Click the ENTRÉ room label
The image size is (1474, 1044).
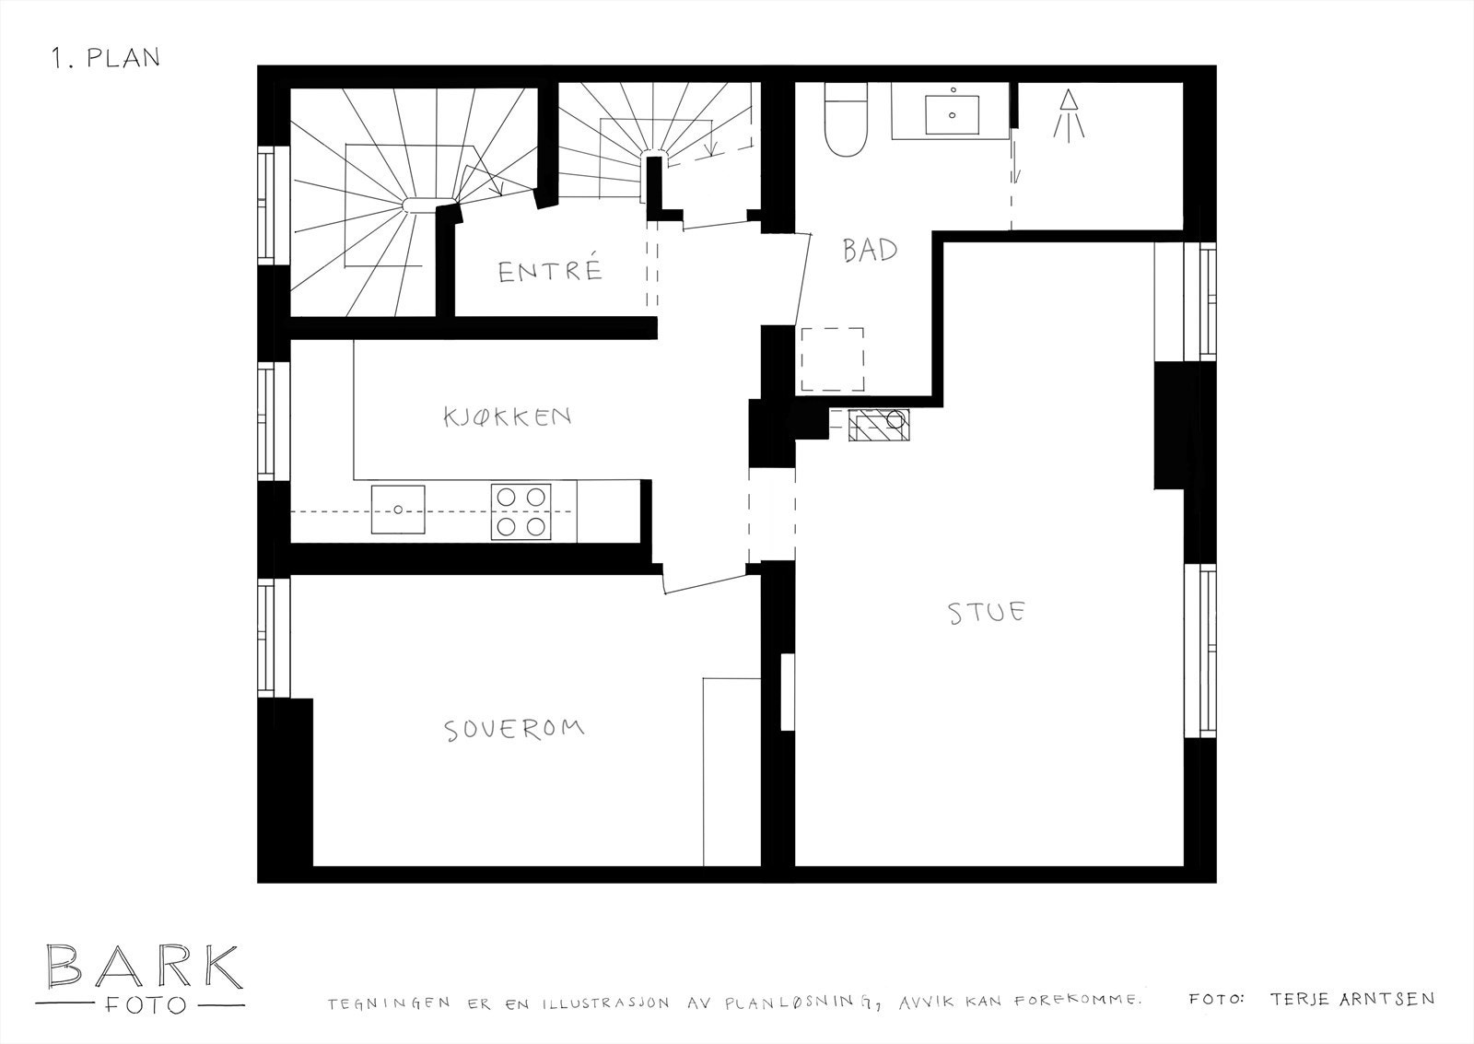(550, 271)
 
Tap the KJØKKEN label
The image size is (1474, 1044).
(508, 416)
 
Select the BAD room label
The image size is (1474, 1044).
(870, 250)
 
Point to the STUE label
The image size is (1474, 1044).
(986, 613)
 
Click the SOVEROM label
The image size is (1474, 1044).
(514, 729)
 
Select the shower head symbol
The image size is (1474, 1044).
(1069, 114)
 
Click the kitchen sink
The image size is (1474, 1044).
(398, 509)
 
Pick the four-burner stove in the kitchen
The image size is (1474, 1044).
(521, 510)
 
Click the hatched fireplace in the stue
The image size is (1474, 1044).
(880, 426)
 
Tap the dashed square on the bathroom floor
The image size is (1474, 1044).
(832, 359)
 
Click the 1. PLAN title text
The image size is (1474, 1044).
(106, 57)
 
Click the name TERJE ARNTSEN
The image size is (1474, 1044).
(1351, 999)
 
